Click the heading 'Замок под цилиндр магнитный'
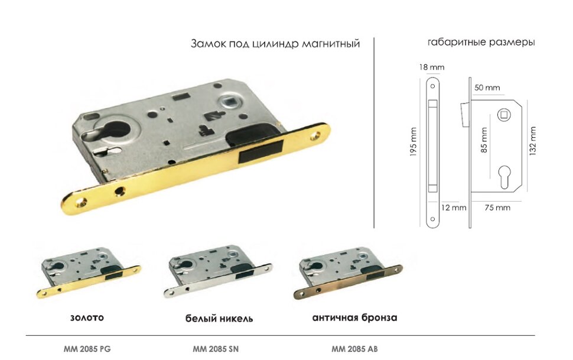275,44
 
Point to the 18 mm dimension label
431,67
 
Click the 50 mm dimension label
487,88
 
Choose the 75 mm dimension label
497,207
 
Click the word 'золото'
87,317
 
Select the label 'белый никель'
219,318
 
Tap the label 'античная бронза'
354,317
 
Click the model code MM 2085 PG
87,348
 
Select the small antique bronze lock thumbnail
350,274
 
